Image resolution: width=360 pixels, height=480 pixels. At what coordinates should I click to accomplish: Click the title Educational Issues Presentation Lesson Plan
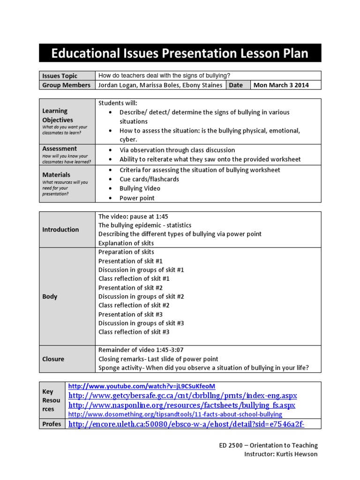[x=180, y=53]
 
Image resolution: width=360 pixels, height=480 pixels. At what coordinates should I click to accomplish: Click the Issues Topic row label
[x=60, y=76]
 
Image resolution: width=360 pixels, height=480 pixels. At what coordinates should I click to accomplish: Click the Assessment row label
[x=60, y=149]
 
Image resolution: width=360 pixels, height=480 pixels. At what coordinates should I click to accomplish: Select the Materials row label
[x=56, y=175]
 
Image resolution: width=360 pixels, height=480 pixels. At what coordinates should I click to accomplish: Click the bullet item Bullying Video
[x=140, y=188]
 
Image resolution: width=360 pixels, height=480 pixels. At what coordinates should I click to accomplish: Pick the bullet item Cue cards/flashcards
[x=149, y=179]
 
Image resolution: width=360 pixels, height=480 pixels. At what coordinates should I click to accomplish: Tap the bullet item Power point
[x=137, y=198]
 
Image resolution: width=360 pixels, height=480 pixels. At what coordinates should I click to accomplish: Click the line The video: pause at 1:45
[x=133, y=217]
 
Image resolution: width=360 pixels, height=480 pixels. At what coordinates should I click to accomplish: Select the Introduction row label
[x=60, y=230]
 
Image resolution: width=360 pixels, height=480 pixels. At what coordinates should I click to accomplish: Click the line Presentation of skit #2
[x=130, y=288]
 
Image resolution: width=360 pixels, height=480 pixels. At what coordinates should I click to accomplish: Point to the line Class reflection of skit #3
[x=134, y=332]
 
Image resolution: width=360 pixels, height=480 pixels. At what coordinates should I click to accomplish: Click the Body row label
[x=50, y=297]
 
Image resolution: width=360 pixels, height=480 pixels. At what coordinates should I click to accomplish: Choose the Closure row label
[x=53, y=359]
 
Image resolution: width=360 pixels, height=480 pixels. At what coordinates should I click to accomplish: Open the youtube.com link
[x=142, y=386]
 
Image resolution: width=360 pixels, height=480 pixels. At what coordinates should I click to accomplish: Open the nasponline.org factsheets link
[x=182, y=405]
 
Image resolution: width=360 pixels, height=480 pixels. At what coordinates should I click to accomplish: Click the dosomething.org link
[x=175, y=414]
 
